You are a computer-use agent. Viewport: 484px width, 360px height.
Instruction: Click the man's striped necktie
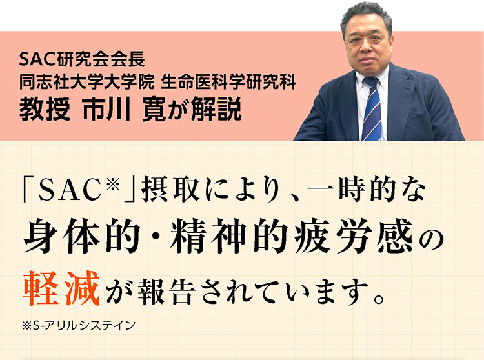pos(372,110)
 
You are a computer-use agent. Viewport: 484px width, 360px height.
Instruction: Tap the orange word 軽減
pos(62,288)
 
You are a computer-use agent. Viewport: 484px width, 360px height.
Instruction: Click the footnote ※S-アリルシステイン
pos(79,326)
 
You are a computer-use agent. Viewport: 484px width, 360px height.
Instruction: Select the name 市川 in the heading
pos(106,110)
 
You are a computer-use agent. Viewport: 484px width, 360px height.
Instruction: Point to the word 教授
pos(45,110)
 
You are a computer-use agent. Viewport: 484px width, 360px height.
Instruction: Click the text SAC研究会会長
pos(82,59)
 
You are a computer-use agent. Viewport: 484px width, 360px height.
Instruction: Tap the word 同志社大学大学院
pos(86,82)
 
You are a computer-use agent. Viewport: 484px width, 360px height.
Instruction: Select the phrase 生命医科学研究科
pos(228,82)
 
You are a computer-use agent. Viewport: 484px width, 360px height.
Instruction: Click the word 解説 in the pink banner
pos(216,110)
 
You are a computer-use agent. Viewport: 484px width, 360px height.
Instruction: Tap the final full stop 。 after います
pos(379,297)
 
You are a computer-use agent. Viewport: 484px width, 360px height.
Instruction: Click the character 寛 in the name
pos(154,110)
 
